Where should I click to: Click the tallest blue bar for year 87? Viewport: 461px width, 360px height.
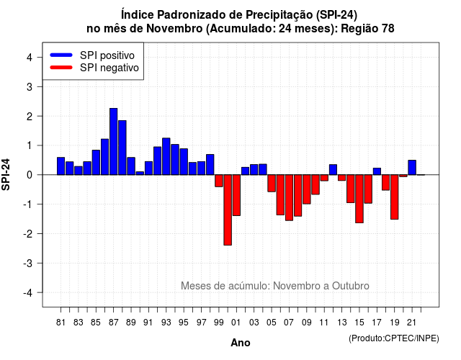point(114,141)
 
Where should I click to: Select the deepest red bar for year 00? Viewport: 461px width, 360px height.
point(228,210)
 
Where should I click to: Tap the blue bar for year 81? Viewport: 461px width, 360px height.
point(61,166)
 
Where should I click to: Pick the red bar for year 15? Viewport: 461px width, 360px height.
point(359,199)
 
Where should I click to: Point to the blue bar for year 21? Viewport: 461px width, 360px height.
point(412,168)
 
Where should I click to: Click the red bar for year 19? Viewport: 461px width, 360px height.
point(395,197)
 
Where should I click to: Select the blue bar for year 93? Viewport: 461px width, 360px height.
point(166,156)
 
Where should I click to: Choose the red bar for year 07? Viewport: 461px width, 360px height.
point(289,197)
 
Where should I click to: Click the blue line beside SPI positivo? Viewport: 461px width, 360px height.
point(61,55)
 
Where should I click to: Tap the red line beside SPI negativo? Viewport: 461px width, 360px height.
point(61,67)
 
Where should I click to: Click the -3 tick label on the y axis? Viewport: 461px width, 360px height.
point(27,264)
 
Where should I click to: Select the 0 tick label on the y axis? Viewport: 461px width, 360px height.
point(30,175)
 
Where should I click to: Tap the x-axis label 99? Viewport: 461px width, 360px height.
point(219,323)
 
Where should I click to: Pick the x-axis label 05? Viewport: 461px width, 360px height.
point(272,323)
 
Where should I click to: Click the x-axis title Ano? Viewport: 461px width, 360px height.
point(241,343)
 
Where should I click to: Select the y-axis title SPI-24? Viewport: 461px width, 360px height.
point(6,174)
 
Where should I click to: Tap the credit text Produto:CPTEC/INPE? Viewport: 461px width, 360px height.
point(394,338)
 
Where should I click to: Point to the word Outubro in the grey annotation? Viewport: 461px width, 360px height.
point(351,286)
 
